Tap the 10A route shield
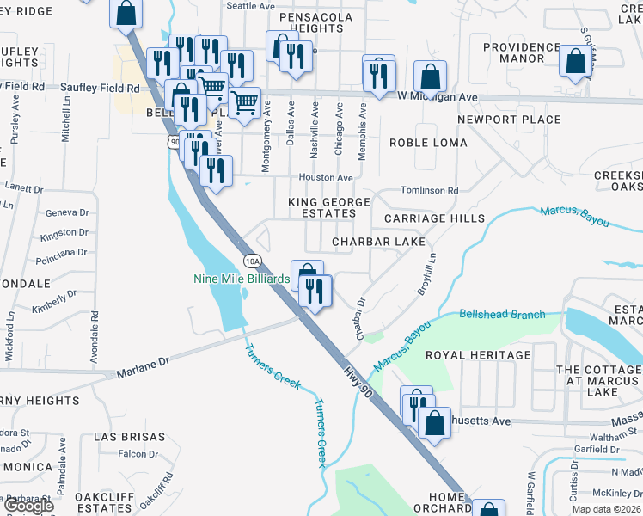coord(251,261)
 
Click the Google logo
coord(28,506)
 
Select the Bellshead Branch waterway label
coord(502,315)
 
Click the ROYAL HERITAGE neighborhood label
coord(478,354)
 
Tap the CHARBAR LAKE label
coord(379,243)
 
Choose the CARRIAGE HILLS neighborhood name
coord(434,218)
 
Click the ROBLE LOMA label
coord(428,143)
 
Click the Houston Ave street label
coord(326,178)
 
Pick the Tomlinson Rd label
coord(430,190)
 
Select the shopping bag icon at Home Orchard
coord(488,509)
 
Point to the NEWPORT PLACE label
coord(509,120)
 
